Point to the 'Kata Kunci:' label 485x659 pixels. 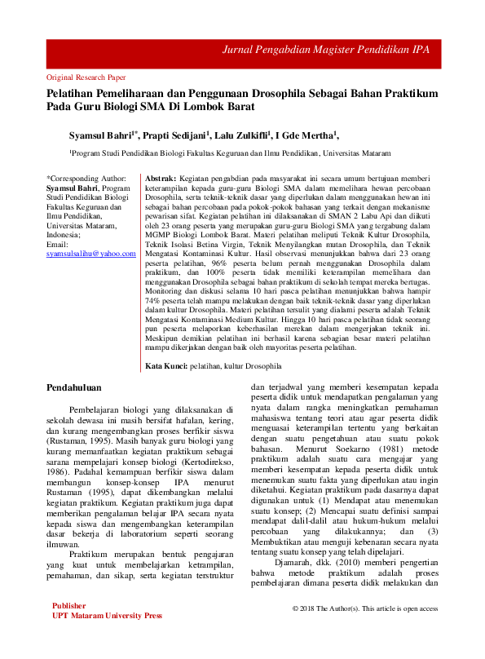(x=166, y=366)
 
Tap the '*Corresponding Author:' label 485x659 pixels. (x=86, y=177)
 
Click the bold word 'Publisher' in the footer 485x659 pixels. (x=68, y=630)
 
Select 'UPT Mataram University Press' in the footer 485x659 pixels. (x=101, y=639)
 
